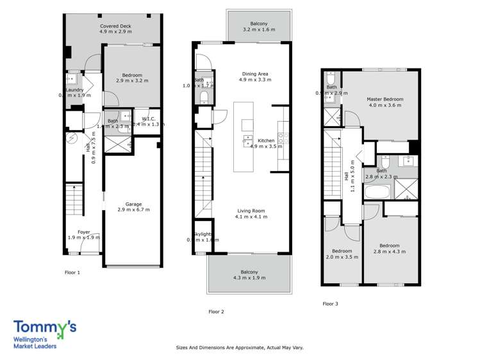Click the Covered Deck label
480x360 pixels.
(115, 26)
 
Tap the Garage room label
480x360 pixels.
(133, 204)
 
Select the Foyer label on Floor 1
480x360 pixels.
(84, 232)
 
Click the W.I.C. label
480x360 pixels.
(148, 118)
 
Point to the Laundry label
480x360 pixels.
(74, 90)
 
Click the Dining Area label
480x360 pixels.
(254, 74)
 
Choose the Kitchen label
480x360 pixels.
(266, 140)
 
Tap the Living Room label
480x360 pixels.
(251, 211)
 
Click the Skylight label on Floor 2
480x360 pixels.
(202, 234)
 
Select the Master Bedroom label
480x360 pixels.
(385, 99)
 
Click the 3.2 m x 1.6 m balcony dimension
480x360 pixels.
(259, 29)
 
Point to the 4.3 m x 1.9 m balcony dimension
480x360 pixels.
(249, 278)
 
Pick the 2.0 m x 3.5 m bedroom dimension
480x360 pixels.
(342, 257)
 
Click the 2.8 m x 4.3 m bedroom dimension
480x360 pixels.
(389, 252)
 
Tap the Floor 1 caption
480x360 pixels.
(72, 272)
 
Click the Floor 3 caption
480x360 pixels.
(330, 304)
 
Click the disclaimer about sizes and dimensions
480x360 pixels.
(240, 348)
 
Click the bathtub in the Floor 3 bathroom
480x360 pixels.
(377, 192)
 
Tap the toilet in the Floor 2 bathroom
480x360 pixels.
(203, 97)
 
